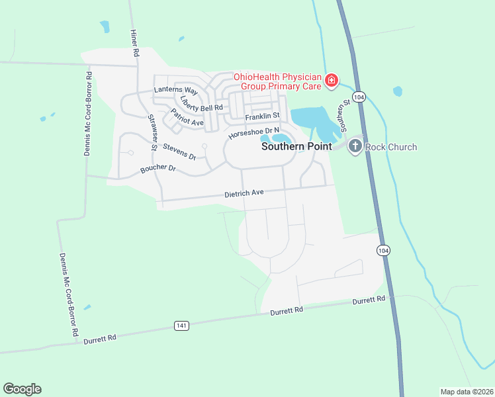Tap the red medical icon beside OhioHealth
332,82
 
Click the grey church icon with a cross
355,146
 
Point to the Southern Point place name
296,147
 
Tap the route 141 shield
182,326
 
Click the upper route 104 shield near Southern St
359,97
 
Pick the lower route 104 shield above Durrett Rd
383,250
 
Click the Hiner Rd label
134,42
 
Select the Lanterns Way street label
176,91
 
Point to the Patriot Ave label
187,118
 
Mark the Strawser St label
152,132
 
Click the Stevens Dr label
179,152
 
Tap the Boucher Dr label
157,169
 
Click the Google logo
22,389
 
